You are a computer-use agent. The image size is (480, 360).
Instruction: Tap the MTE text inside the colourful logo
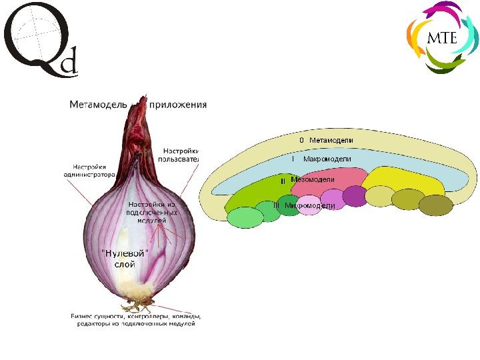coord(441,37)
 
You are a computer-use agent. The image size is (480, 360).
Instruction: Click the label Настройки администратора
coord(93,171)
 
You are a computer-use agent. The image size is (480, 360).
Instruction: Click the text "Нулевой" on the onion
coord(125,253)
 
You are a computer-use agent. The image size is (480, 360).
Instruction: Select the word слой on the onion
coord(125,264)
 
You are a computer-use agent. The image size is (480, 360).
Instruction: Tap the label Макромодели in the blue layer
coord(327,160)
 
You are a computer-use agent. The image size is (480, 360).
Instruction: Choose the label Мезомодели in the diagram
coord(313,180)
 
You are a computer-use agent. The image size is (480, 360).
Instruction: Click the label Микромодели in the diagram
coord(309,206)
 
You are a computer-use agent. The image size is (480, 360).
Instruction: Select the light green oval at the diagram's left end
coord(245,217)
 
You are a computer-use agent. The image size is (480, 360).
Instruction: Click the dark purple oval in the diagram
coord(355,197)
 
